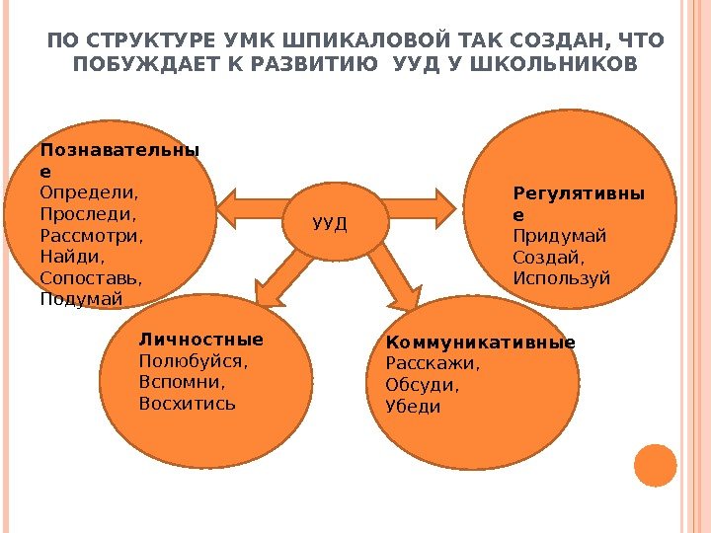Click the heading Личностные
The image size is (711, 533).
201,340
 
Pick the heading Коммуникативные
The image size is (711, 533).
480,343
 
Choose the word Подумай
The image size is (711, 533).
82,298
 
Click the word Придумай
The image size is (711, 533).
560,236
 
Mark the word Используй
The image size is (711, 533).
562,278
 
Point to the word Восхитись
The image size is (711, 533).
188,403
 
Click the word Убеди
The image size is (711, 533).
413,406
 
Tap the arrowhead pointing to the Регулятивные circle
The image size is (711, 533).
444,206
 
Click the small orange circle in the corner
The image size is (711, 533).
655,466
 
